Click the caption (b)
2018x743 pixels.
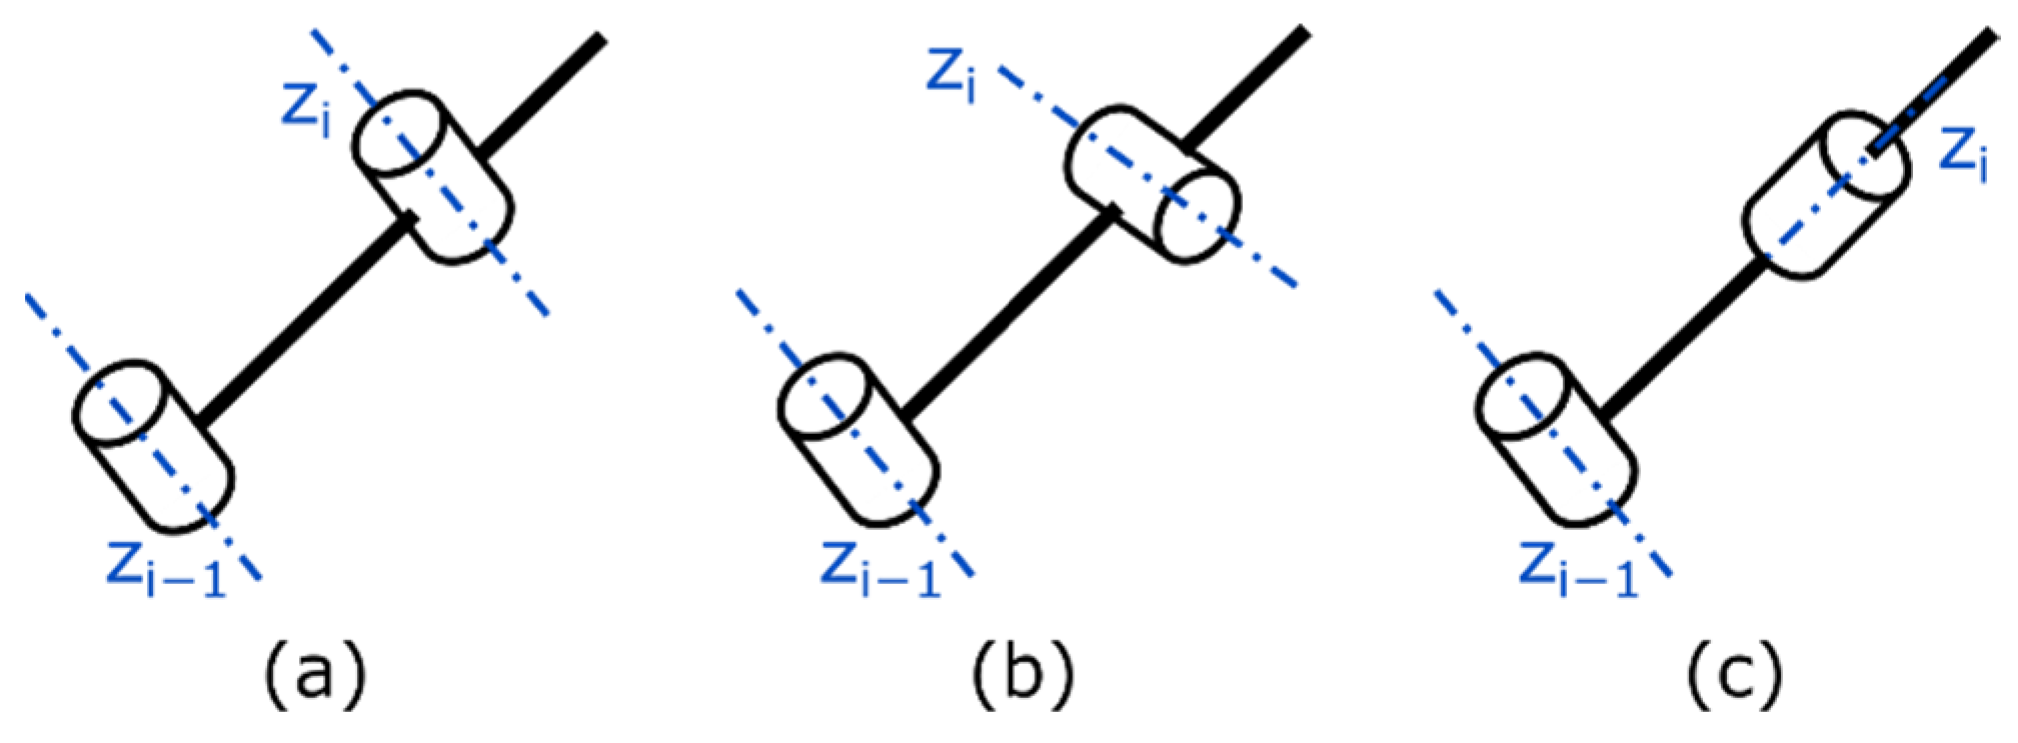[x=1022, y=675]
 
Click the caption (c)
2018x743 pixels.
[x=1735, y=675]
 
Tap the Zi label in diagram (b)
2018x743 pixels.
[x=951, y=75]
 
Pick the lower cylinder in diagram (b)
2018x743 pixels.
[x=857, y=440]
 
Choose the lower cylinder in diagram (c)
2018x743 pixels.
[x=1556, y=440]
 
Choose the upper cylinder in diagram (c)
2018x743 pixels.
[x=1826, y=195]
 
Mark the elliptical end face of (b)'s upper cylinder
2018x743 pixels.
[x=1197, y=215]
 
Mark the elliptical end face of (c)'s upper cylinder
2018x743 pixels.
[x=1867, y=155]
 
